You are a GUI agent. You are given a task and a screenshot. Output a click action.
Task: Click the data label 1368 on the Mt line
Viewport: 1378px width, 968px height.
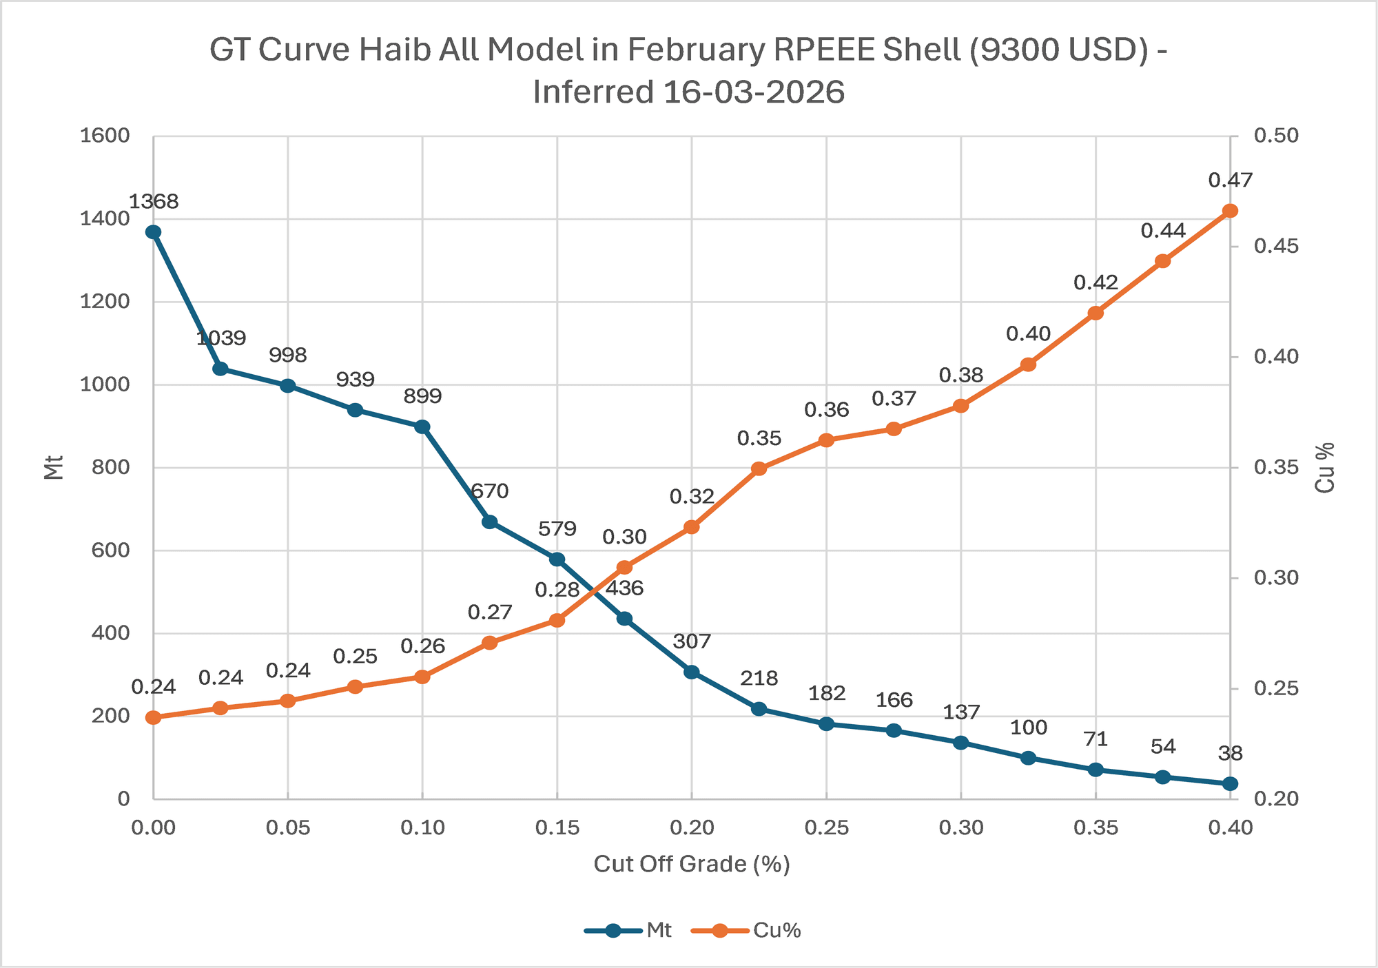154,202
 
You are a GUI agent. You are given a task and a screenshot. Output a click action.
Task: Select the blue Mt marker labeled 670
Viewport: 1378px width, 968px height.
490,522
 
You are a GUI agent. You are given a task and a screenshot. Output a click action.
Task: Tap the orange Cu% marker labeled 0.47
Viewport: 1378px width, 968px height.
1230,211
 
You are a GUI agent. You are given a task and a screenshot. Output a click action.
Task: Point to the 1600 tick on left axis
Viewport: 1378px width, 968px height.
105,136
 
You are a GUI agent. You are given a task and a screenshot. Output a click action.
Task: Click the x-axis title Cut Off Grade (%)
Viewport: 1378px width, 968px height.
691,864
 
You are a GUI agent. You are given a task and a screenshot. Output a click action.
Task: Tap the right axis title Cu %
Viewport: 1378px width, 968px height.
1325,468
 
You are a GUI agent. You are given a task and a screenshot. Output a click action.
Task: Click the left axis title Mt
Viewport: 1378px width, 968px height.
54,467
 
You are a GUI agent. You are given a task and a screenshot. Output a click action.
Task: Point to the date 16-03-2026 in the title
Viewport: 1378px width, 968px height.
754,92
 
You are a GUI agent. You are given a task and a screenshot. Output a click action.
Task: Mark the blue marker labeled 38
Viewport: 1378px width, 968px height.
1230,784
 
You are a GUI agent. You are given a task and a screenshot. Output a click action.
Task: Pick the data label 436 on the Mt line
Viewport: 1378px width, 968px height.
624,588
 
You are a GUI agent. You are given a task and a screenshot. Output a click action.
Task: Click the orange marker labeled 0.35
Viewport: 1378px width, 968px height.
759,468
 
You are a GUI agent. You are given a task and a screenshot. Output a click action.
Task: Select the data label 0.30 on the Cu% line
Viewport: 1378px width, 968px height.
624,537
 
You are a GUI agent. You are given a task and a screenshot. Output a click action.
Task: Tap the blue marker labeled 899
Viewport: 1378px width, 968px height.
422,426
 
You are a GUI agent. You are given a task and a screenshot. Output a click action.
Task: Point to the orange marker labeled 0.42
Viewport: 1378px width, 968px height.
1096,313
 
